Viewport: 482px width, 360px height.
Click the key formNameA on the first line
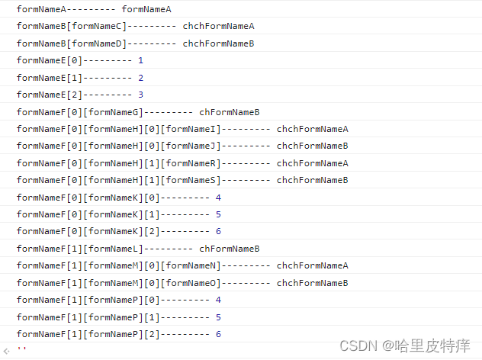pyautogui.click(x=41, y=9)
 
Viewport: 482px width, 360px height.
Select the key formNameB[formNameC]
pyautogui.click(x=72, y=26)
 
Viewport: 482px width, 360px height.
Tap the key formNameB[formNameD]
pyautogui.click(x=72, y=43)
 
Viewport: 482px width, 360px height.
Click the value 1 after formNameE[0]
pyautogui.click(x=140, y=60)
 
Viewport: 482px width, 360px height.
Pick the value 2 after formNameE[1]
pyautogui.click(x=140, y=78)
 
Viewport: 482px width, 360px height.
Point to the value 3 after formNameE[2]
pyautogui.click(x=140, y=95)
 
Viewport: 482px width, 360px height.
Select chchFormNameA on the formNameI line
pyautogui.click(x=312, y=129)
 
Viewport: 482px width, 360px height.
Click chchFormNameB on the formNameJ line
pyautogui.click(x=312, y=146)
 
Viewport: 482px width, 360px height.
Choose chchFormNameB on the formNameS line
pyautogui.click(x=312, y=180)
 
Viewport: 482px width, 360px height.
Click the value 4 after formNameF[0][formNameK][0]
pyautogui.click(x=218, y=198)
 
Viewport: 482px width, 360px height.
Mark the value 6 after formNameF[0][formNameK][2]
pyautogui.click(x=218, y=231)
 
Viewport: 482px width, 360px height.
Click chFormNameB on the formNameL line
pyautogui.click(x=230, y=249)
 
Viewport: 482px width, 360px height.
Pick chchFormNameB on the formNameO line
pyautogui.click(x=312, y=283)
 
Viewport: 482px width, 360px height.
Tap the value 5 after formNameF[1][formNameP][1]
pyautogui.click(x=218, y=317)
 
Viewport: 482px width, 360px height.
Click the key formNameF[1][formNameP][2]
pyautogui.click(x=104, y=334)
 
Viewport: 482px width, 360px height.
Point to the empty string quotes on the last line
pyautogui.click(x=21, y=351)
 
